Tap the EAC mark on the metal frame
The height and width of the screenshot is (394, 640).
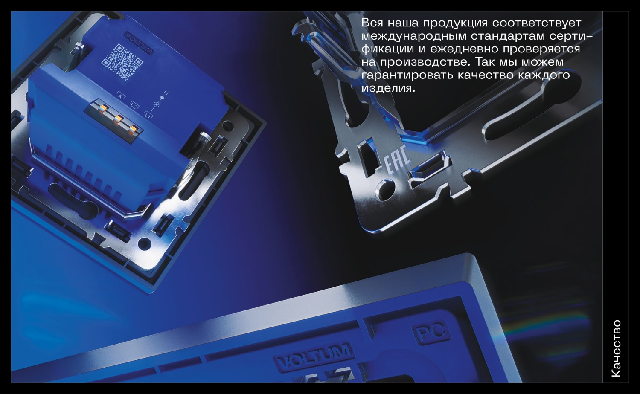(x=398, y=165)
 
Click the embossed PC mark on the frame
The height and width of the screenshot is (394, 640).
(x=431, y=333)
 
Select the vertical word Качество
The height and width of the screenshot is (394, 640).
(x=616, y=348)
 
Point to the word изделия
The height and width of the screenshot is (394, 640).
(x=388, y=88)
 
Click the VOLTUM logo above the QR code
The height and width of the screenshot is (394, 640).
(x=138, y=43)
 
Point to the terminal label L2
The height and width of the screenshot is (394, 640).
(x=134, y=105)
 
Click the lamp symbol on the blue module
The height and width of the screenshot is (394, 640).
(x=156, y=104)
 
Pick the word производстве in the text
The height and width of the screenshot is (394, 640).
(x=423, y=62)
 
